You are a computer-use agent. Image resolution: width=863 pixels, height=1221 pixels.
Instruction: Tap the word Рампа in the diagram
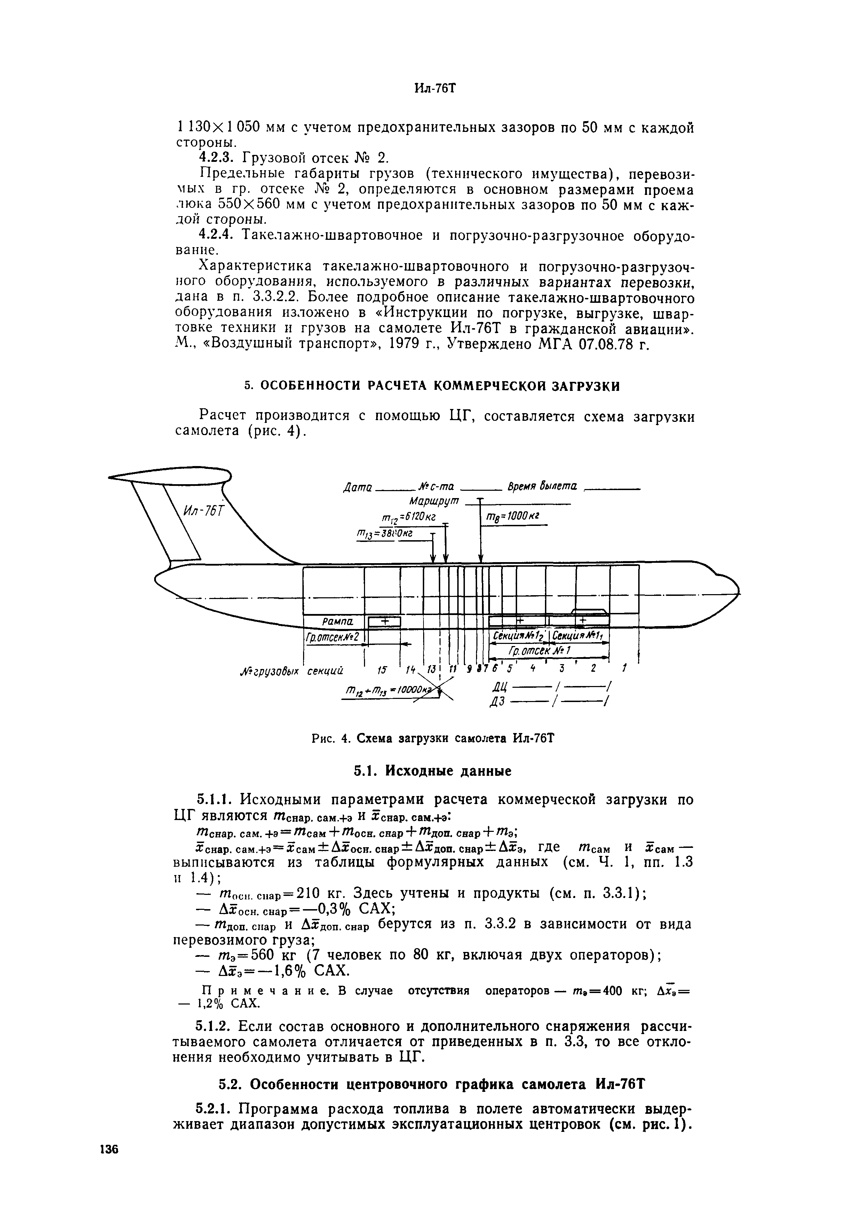(335, 621)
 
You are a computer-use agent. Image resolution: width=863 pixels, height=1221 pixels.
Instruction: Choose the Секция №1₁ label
(581, 636)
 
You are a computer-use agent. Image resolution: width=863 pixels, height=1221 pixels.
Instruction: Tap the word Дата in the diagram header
(358, 486)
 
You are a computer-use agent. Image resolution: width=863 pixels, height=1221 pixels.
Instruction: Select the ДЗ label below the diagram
(498, 702)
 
